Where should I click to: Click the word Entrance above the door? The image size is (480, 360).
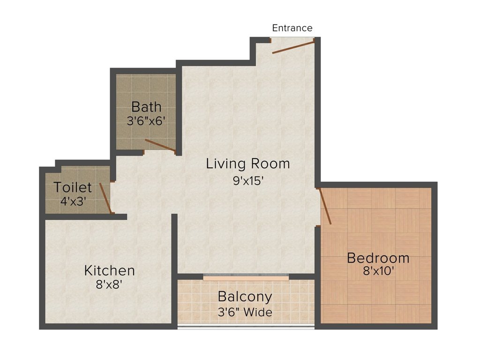pyautogui.click(x=292, y=28)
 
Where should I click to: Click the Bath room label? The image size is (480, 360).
pyautogui.click(x=146, y=106)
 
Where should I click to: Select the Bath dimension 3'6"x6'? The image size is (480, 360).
pyautogui.click(x=146, y=120)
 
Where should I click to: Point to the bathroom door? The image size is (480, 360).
pyautogui.click(x=160, y=146)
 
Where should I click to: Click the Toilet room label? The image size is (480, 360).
pyautogui.click(x=73, y=187)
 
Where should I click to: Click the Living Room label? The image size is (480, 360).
pyautogui.click(x=248, y=164)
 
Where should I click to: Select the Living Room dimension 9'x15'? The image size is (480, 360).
pyautogui.click(x=248, y=180)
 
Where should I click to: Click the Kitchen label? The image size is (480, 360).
pyautogui.click(x=109, y=270)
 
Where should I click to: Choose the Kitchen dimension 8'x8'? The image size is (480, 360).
pyautogui.click(x=109, y=285)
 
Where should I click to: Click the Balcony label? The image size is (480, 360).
pyautogui.click(x=245, y=297)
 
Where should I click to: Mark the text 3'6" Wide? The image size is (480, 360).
pyautogui.click(x=245, y=312)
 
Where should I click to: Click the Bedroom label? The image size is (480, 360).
pyautogui.click(x=378, y=258)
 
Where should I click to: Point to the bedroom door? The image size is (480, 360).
pyautogui.click(x=325, y=206)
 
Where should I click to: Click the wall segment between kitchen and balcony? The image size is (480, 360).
pyautogui.click(x=174, y=300)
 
